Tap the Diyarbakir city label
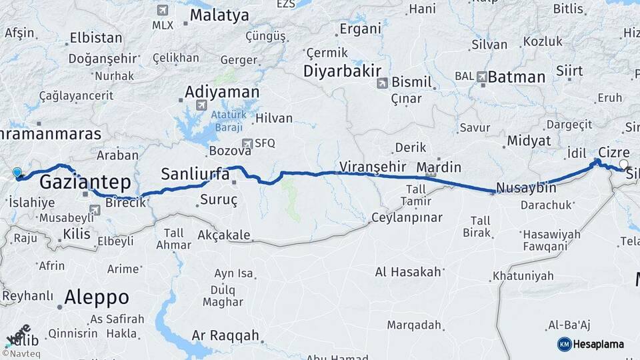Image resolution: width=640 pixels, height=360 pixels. pyautogui.click(x=342, y=71)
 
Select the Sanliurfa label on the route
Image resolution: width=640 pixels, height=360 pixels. pyautogui.click(x=195, y=175)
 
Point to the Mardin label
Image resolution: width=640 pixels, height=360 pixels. pyautogui.click(x=439, y=167)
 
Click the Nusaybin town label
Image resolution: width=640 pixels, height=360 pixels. pyautogui.click(x=527, y=188)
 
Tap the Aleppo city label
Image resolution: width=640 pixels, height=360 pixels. pyautogui.click(x=97, y=297)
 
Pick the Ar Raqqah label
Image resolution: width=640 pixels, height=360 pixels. pyautogui.click(x=225, y=335)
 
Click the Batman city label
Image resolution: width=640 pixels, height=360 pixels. pyautogui.click(x=516, y=77)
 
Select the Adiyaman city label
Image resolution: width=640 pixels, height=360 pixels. pyautogui.click(x=221, y=91)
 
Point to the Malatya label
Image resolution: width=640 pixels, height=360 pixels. pyautogui.click(x=219, y=15)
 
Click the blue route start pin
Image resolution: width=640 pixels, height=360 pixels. pyautogui.click(x=17, y=173)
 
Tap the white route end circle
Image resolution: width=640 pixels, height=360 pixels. pyautogui.click(x=623, y=164)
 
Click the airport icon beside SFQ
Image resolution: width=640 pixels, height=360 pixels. pyautogui.click(x=248, y=143)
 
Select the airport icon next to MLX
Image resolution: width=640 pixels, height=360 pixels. pyautogui.click(x=163, y=10)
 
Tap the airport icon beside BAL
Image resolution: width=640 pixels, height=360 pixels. pyautogui.click(x=482, y=77)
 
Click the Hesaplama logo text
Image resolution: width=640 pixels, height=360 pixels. pyautogui.click(x=598, y=344)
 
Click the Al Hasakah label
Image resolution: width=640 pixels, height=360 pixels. pyautogui.click(x=408, y=271)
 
